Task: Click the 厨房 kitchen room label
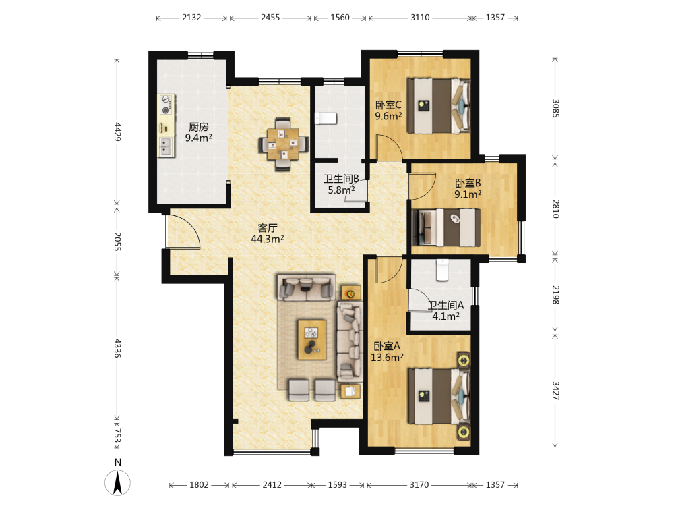click(x=199, y=132)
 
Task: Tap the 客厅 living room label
click(x=268, y=233)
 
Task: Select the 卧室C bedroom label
click(x=388, y=111)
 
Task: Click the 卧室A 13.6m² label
click(x=387, y=352)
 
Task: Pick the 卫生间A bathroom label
click(x=446, y=310)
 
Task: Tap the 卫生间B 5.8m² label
click(x=341, y=184)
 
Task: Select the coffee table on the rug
click(x=312, y=339)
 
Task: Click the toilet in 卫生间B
click(x=326, y=118)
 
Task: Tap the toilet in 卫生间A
click(x=442, y=270)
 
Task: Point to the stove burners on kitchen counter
click(x=166, y=105)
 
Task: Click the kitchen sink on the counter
click(x=166, y=146)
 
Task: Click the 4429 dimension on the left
click(x=117, y=132)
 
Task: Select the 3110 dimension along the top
click(x=420, y=18)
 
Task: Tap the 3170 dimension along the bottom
click(x=419, y=485)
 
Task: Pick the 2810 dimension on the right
click(x=555, y=208)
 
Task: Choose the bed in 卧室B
click(x=446, y=227)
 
